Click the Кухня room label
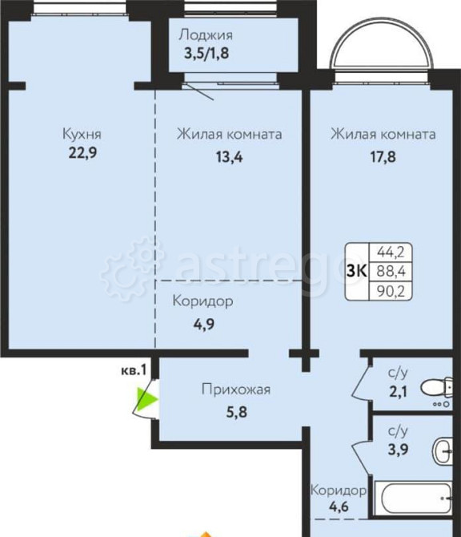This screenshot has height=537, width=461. pos(82,135)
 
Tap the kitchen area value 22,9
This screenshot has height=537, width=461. pos(82,152)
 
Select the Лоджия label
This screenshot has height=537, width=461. pos(206,34)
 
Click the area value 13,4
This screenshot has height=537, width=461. pos(228,157)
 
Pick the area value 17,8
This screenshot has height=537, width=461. pos(383,157)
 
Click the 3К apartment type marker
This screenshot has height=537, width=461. pos(357,271)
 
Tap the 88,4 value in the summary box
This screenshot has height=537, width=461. pos(390,271)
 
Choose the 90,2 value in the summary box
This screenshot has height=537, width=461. pos(390,290)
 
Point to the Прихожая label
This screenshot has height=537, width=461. pos(235,390)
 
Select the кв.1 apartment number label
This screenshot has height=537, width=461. pos(133,369)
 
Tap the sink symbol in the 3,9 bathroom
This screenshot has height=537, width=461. pos(442,450)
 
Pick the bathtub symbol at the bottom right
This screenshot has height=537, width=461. pos(415,498)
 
